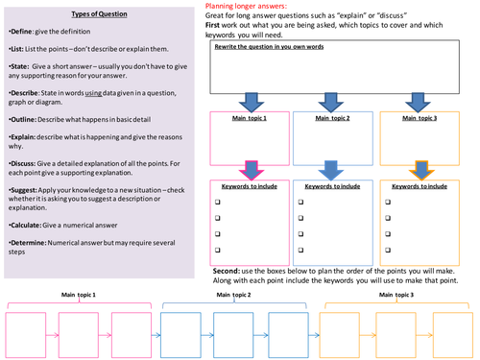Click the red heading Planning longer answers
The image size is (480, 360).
[247, 6]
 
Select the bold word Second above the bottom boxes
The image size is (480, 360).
[227, 271]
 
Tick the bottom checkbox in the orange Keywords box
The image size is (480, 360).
[386, 258]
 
